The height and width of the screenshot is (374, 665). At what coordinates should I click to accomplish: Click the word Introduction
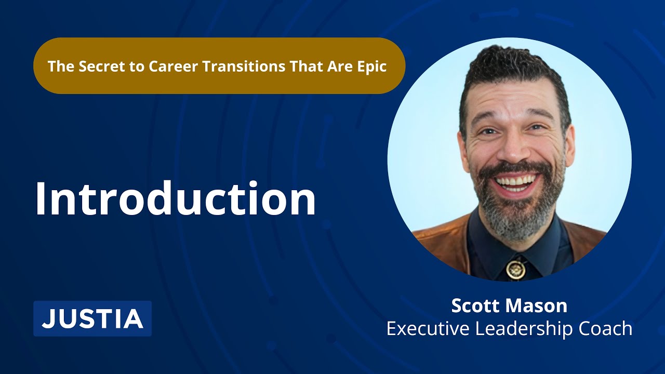pos(176,198)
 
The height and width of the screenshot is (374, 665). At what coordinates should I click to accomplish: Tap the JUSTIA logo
pos(92,318)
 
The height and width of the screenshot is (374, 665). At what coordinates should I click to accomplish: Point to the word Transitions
pos(244,66)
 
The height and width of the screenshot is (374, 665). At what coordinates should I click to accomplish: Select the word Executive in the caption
pos(428,328)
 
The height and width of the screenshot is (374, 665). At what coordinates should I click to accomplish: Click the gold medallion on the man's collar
pos(516,270)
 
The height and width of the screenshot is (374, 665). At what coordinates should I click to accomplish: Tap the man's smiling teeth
pos(516,182)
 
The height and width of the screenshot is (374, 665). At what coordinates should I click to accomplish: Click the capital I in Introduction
pos(40,199)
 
